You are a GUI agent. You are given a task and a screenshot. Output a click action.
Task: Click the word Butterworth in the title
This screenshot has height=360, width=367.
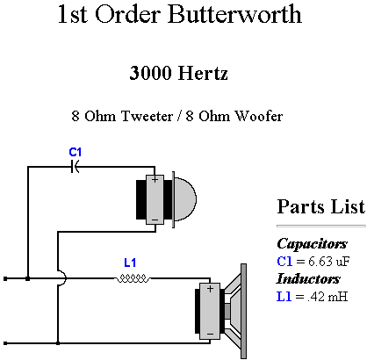pyautogui.click(x=234, y=14)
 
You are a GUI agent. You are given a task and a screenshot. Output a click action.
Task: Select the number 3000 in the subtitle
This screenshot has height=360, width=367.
pyautogui.click(x=150, y=73)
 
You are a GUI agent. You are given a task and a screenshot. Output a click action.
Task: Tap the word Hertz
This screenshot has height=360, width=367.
pyautogui.click(x=203, y=73)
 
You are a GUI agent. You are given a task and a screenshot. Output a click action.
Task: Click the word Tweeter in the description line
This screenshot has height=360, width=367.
pyautogui.click(x=147, y=116)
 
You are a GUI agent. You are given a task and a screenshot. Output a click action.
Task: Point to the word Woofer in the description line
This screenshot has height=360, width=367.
pyautogui.click(x=259, y=116)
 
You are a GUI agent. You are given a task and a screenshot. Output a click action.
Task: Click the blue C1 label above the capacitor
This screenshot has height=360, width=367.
pyautogui.click(x=76, y=152)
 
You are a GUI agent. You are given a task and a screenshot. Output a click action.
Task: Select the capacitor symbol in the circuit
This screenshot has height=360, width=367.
pyautogui.click(x=75, y=167)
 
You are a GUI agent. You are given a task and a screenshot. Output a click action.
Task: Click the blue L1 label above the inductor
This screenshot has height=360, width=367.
pyautogui.click(x=130, y=263)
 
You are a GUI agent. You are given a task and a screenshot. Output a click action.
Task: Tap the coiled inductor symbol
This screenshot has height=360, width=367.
pyautogui.click(x=133, y=278)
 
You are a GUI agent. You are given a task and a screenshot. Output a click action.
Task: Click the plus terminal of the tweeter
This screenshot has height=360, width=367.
pyautogui.click(x=155, y=179)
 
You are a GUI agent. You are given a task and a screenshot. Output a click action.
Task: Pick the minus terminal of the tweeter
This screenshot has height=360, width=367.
pyautogui.click(x=155, y=220)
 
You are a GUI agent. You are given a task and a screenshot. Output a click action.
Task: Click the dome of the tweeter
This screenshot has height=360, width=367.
pyautogui.click(x=185, y=199)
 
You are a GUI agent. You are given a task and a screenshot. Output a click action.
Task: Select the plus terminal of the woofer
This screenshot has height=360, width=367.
pyautogui.click(x=210, y=289)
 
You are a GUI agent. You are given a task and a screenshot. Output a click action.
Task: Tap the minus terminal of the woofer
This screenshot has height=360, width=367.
pyautogui.click(x=210, y=334)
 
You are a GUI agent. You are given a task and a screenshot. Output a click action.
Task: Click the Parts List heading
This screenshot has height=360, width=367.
pyautogui.click(x=321, y=206)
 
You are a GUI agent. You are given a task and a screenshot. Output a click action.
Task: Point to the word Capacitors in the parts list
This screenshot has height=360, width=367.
pyautogui.click(x=312, y=243)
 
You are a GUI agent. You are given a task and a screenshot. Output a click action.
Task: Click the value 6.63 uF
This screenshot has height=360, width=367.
pyautogui.click(x=328, y=261)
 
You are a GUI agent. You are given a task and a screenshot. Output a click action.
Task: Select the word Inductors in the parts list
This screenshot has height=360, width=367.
pyautogui.click(x=308, y=278)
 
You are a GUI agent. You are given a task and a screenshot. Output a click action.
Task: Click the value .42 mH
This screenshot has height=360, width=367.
pyautogui.click(x=327, y=297)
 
